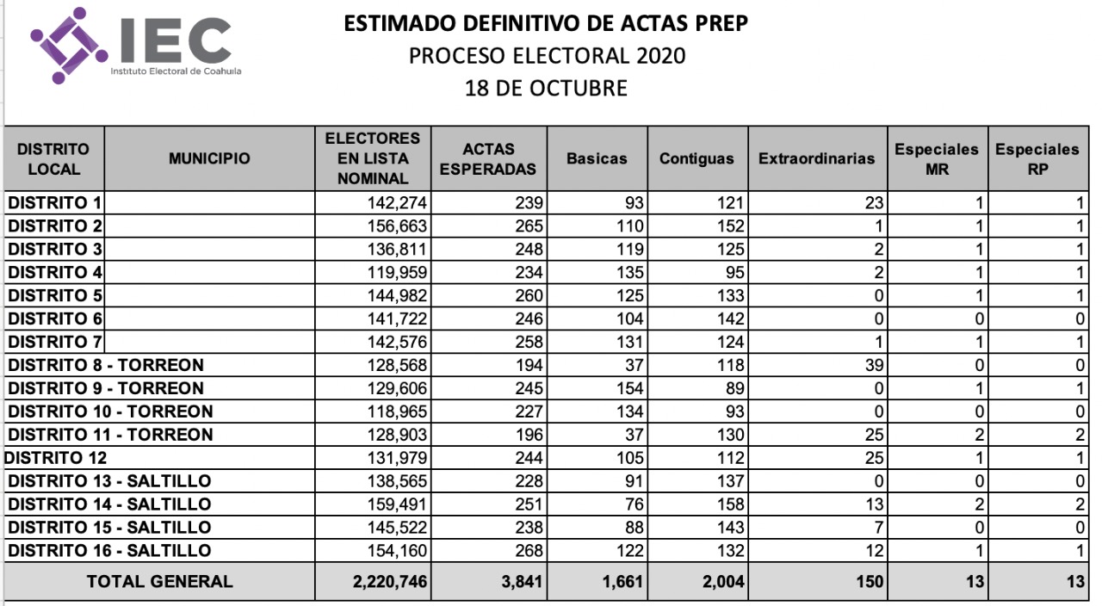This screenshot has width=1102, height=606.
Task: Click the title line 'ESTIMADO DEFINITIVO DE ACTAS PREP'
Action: [546, 23]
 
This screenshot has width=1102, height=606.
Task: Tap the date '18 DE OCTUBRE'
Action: [546, 88]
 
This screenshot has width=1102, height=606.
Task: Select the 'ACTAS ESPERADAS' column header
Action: [487, 158]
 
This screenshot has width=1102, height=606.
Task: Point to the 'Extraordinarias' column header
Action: [816, 158]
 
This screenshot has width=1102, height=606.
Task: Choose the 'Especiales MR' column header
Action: [937, 158]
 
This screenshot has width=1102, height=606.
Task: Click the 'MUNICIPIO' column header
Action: [209, 158]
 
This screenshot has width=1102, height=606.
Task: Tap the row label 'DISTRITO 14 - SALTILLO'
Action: [109, 504]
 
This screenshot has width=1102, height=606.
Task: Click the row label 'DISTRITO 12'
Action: [56, 457]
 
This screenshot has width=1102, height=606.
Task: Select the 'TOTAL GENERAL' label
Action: [159, 581]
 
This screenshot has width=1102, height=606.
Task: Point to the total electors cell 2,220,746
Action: [390, 582]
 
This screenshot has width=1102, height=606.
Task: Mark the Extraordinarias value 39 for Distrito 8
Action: [873, 365]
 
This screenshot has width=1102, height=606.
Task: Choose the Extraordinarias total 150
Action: [869, 582]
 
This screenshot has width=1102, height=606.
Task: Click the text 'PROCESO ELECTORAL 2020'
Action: [547, 56]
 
